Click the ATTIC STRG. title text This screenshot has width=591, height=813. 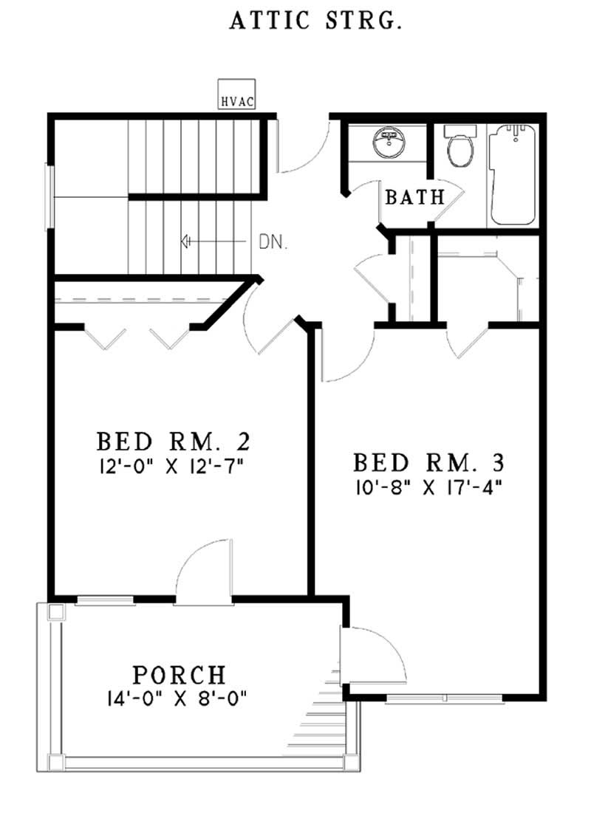tap(315, 21)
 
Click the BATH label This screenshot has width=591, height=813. tap(415, 198)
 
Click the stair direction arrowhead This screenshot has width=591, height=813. tap(186, 241)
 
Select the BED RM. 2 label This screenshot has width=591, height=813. tap(174, 442)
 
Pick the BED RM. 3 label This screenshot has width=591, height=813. tap(428, 463)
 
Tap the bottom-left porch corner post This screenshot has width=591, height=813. tap(55, 761)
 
